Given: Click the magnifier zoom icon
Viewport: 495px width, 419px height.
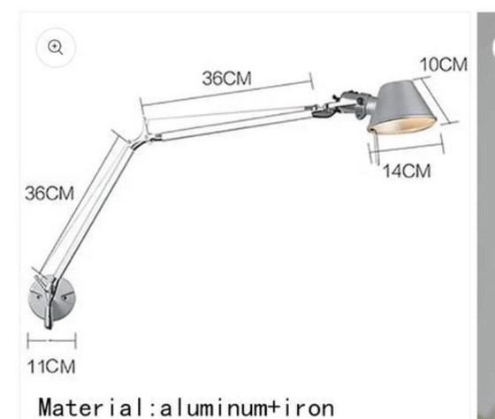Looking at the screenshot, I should click(56, 49).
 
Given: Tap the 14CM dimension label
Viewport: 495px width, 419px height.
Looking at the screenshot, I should click(407, 171).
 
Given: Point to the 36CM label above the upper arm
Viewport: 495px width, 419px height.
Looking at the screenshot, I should click(226, 78).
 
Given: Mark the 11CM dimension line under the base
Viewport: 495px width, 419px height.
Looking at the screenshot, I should click(51, 338).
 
